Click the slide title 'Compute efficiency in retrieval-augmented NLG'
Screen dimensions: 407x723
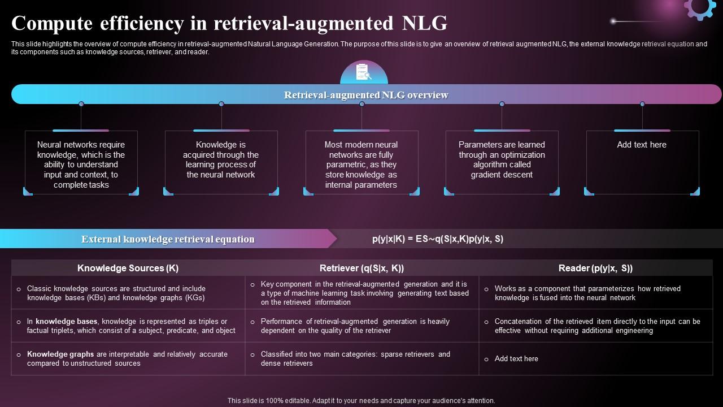click(229, 24)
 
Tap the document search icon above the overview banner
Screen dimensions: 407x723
click(363, 72)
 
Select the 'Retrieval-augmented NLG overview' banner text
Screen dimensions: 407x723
click(366, 95)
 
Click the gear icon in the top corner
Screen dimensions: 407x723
click(699, 8)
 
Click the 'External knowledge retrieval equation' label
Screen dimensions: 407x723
click(168, 239)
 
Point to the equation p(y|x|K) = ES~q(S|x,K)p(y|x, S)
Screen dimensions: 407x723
click(438, 239)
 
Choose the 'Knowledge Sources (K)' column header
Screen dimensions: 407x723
click(128, 268)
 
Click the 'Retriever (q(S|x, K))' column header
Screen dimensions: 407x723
click(361, 268)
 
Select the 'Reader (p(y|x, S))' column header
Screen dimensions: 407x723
click(595, 268)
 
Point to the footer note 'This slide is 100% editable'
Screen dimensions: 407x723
click(361, 401)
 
